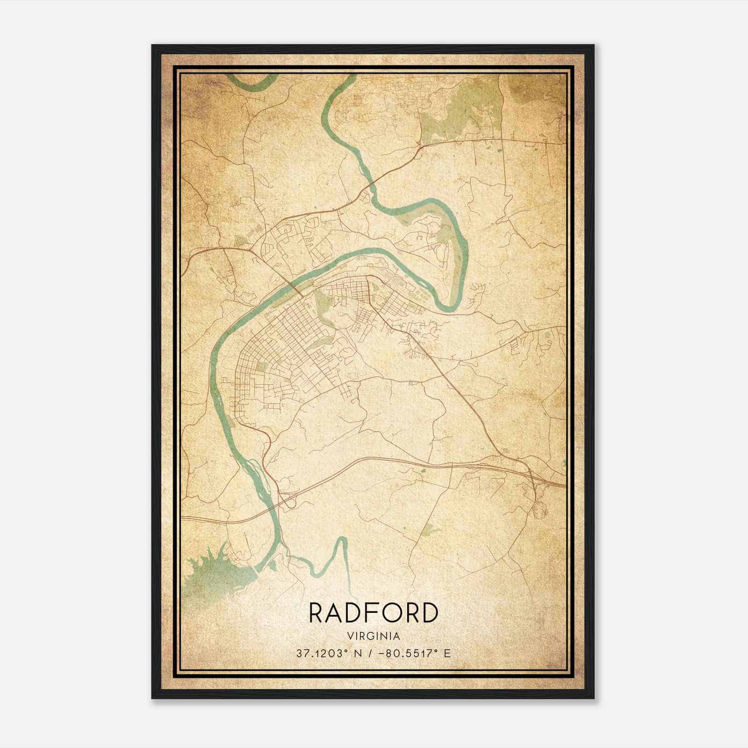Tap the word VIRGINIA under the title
coord(374,636)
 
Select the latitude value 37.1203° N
coord(325,654)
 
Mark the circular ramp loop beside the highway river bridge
coord(291,503)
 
